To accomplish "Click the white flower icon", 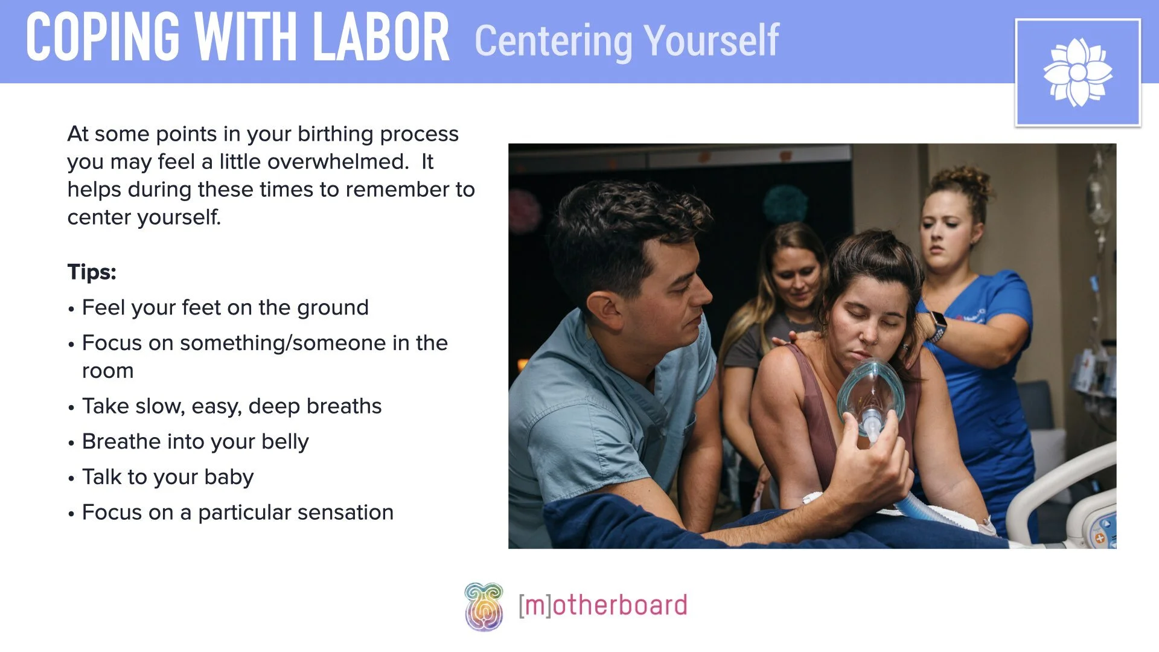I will [x=1078, y=72].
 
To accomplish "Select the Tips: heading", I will [x=92, y=272].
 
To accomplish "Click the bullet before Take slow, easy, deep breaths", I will [x=71, y=408].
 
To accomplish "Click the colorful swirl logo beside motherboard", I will [x=484, y=606].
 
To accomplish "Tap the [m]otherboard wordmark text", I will [x=602, y=606].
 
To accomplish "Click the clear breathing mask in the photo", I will [x=870, y=392].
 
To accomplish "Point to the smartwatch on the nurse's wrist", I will [x=937, y=326].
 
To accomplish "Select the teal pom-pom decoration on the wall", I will [x=785, y=204].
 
